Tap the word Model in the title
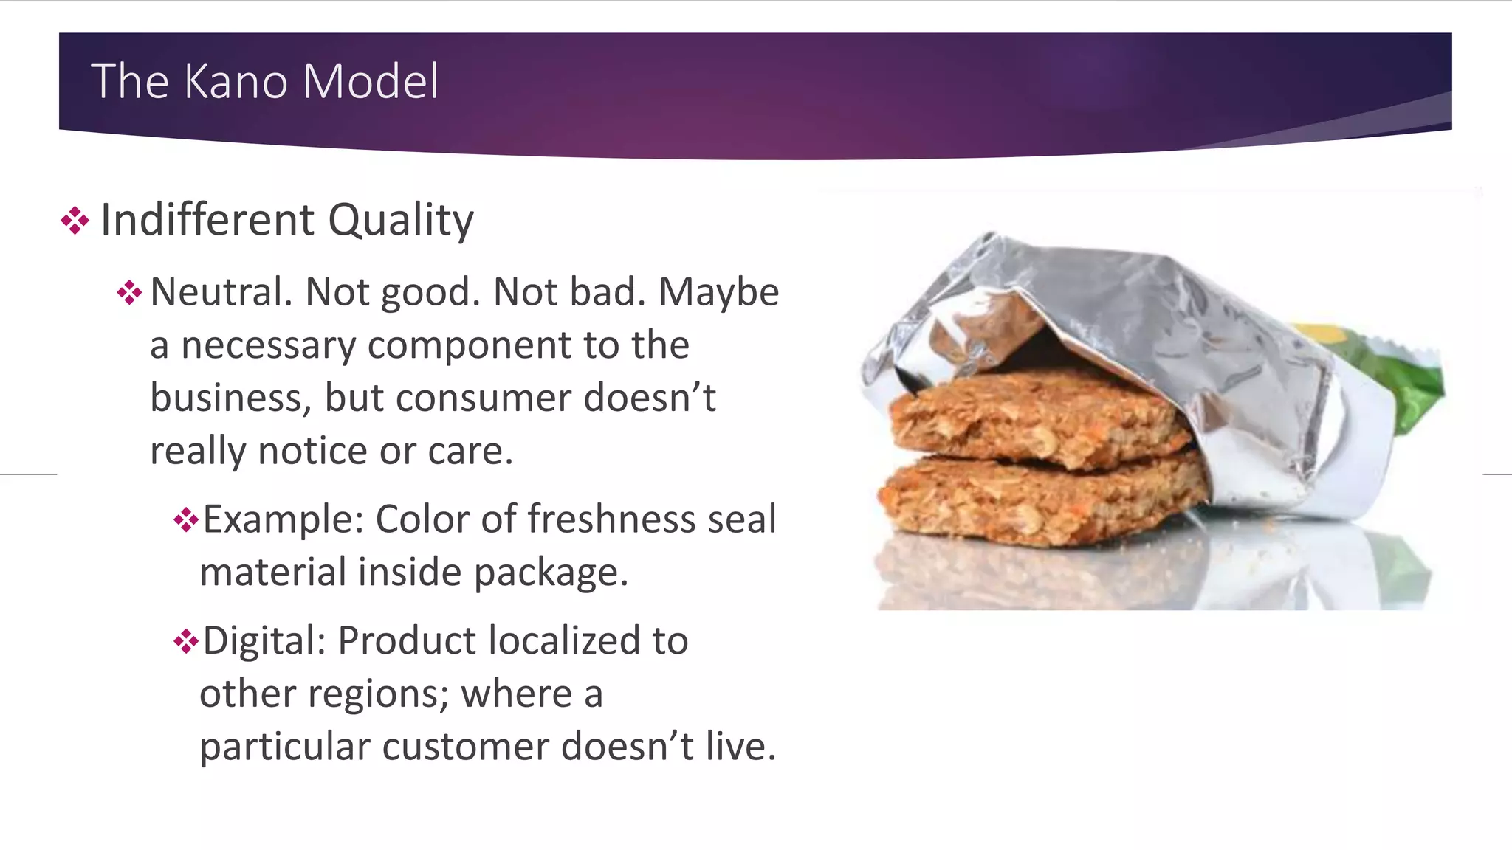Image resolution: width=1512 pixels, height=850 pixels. pyautogui.click(x=371, y=81)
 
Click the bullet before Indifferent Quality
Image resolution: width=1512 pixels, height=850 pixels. pyautogui.click(x=75, y=221)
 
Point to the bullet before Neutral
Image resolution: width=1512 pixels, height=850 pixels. pyautogui.click(x=129, y=293)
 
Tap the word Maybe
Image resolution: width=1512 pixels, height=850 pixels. pyautogui.click(x=718, y=292)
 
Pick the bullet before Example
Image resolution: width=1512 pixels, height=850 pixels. pyautogui.click(x=186, y=520)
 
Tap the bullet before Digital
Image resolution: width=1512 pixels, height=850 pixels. pyautogui.click(x=186, y=641)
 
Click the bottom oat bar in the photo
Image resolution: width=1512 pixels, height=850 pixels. pyautogui.click(x=1034, y=502)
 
